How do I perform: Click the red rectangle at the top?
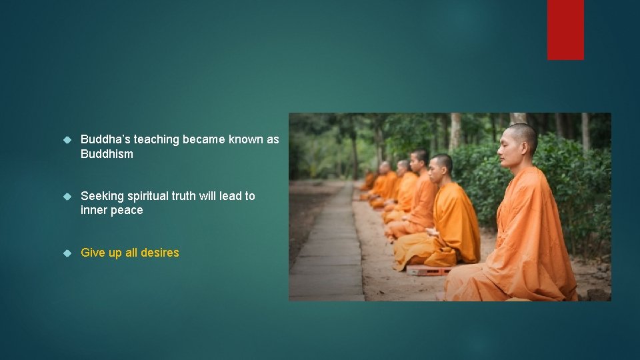(x=565, y=29)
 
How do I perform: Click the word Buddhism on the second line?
(x=107, y=154)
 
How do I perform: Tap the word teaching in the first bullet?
(x=157, y=139)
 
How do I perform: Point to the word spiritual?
(x=150, y=196)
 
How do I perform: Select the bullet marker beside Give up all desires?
(x=67, y=253)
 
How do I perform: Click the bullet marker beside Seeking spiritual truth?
(x=67, y=196)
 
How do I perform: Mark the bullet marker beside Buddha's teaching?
(x=67, y=139)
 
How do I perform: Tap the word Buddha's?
(x=105, y=139)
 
